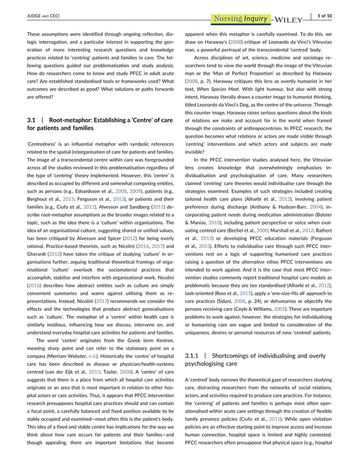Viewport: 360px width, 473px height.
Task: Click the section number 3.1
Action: (x=32, y=121)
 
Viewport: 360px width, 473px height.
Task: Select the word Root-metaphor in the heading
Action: (x=71, y=121)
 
